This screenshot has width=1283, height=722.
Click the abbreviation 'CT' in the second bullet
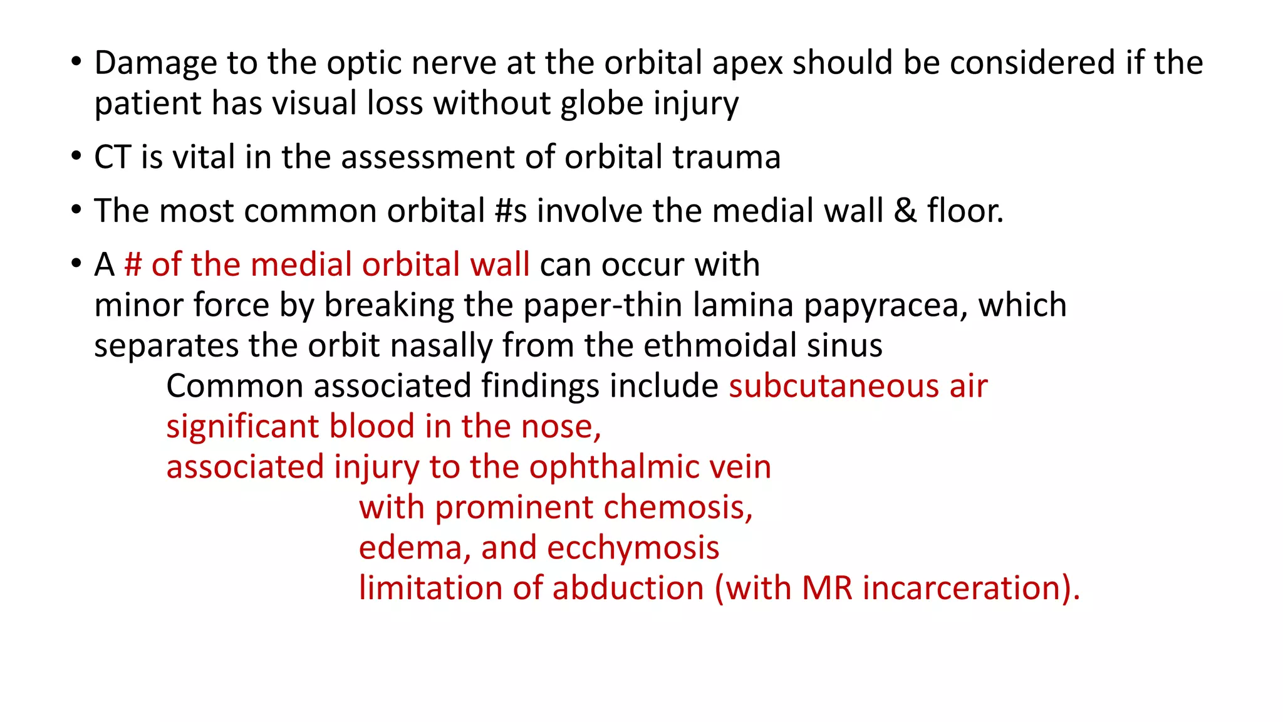coord(113,157)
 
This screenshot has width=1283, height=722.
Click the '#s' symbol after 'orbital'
coord(511,211)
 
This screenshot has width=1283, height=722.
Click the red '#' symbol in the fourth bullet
coord(133,265)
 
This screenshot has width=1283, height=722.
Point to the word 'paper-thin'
coord(603,306)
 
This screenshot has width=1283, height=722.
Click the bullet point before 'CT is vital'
coord(76,156)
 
